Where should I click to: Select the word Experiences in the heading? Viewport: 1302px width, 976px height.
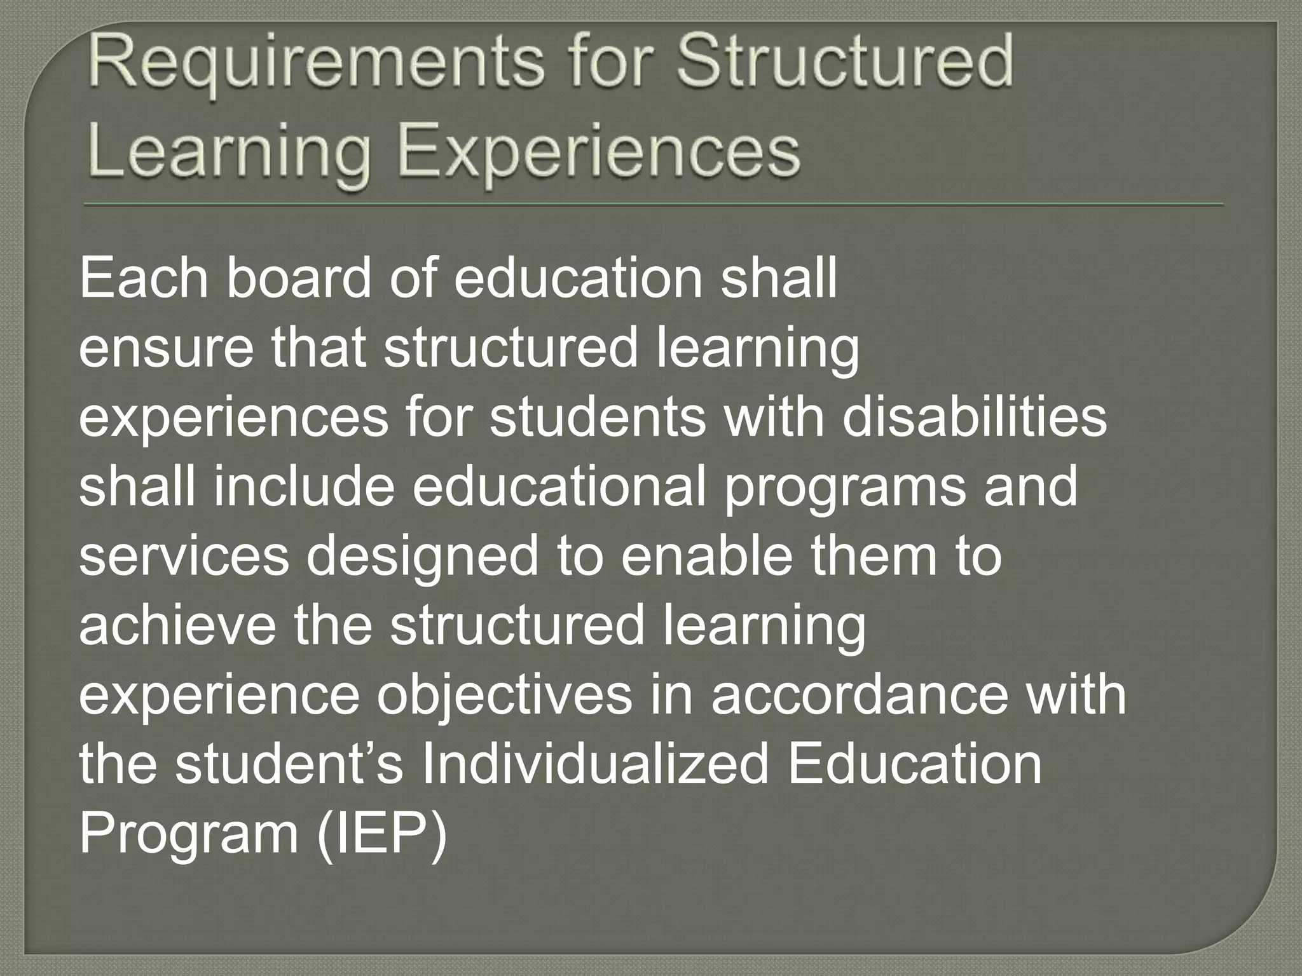tap(598, 152)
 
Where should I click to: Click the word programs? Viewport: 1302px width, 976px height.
tap(845, 488)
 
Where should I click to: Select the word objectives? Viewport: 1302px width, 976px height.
tap(505, 696)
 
